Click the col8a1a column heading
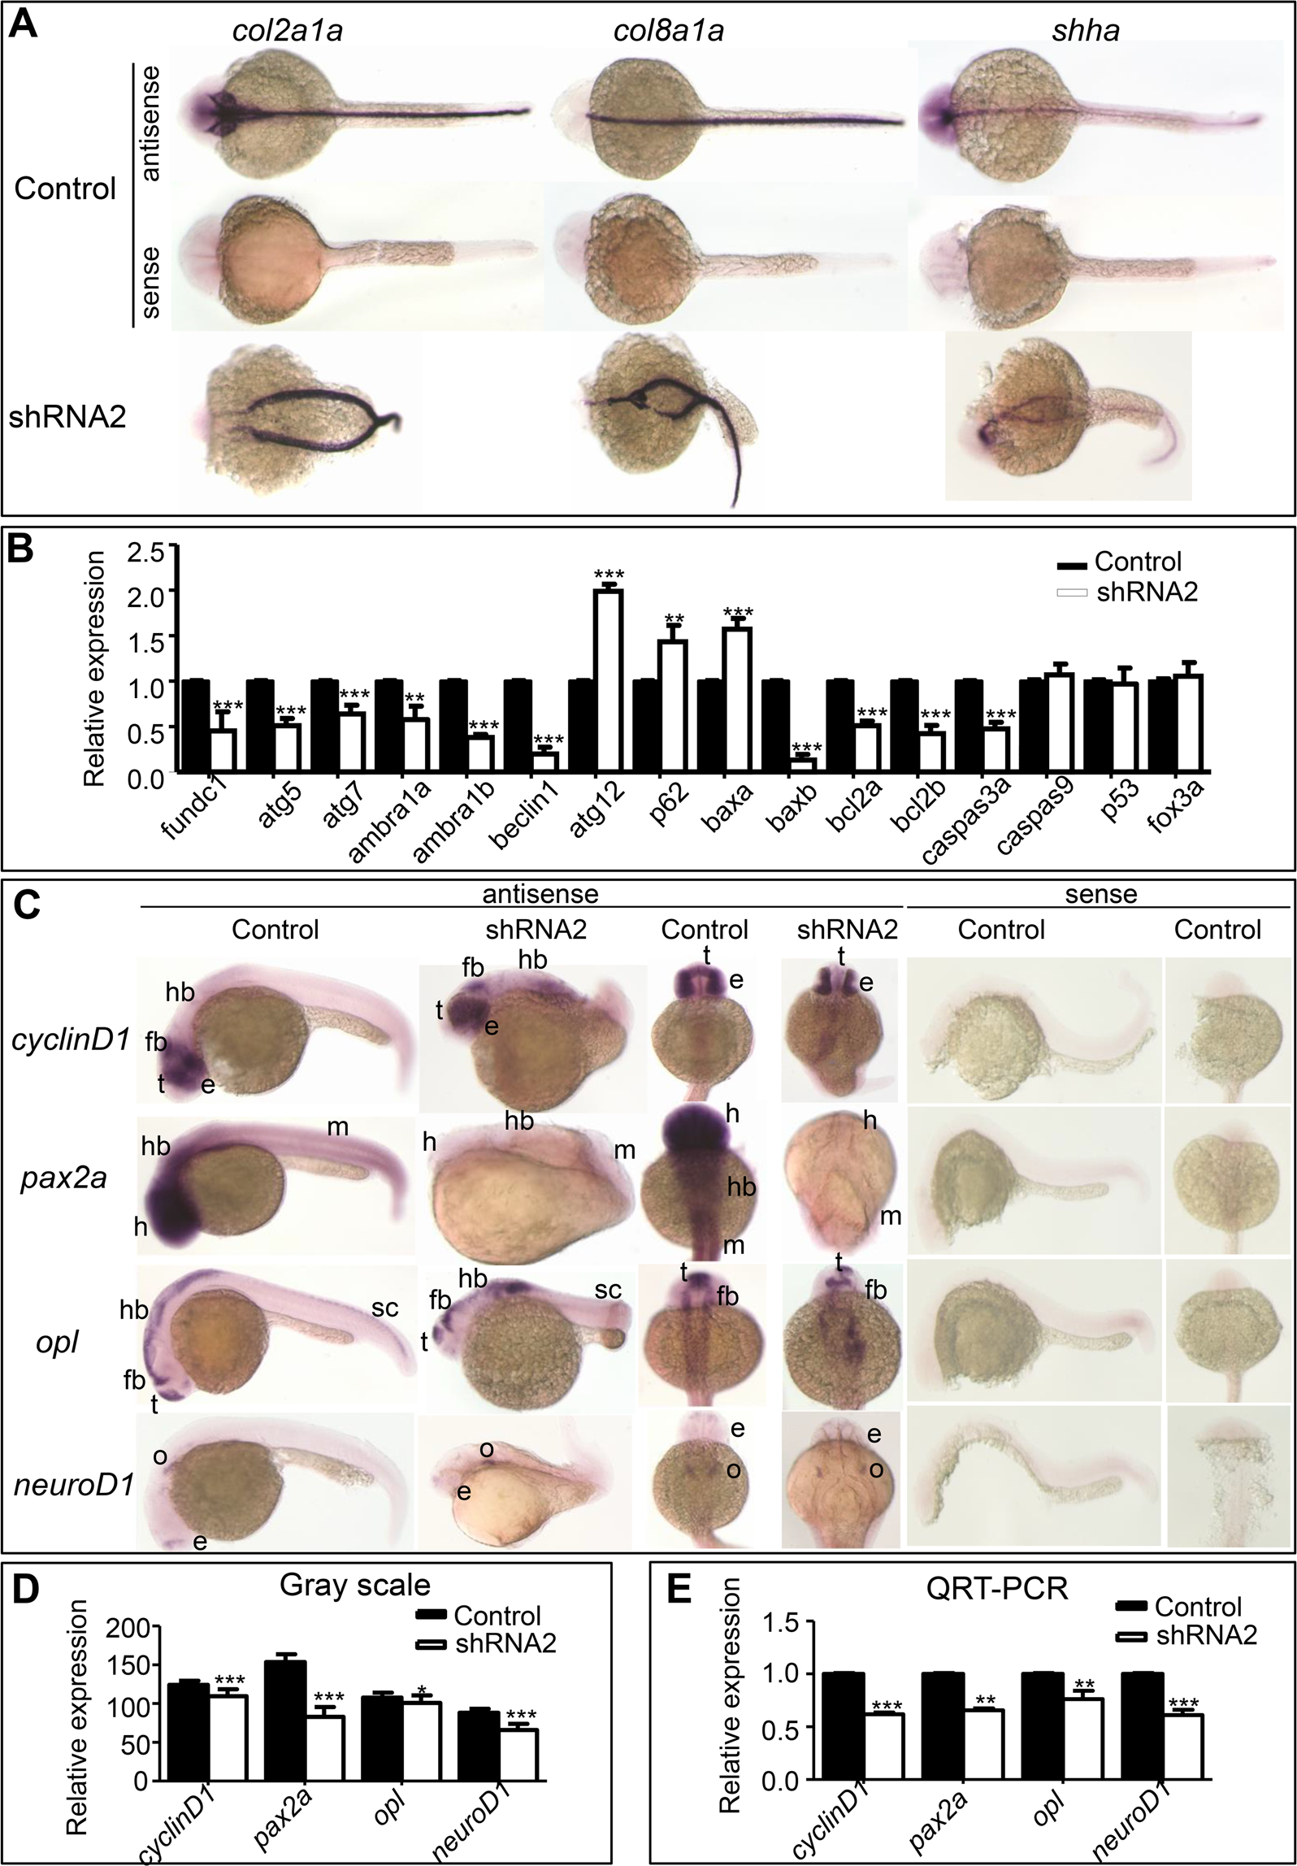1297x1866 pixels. (x=670, y=30)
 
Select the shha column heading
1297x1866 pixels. (x=1097, y=30)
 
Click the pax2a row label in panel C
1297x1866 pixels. (x=63, y=1178)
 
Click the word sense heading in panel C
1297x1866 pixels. (x=1100, y=894)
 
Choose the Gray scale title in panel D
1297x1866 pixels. (x=354, y=1585)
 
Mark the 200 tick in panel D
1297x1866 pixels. (x=135, y=1627)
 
